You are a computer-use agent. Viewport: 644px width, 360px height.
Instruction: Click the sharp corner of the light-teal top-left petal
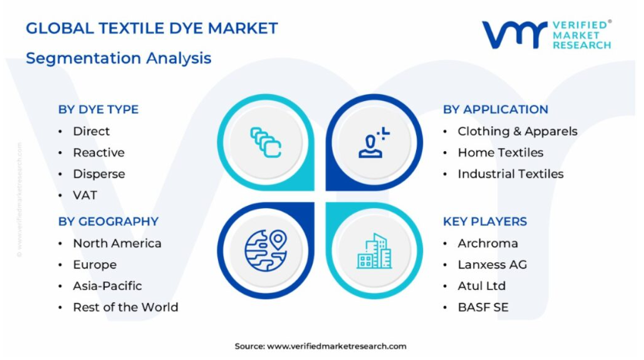[314, 190]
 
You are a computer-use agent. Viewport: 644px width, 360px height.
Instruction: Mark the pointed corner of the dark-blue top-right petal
[327, 190]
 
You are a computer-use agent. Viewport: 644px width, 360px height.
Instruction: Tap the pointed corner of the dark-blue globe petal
[314, 203]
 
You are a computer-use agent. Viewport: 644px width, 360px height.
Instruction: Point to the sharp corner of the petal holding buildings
[327, 203]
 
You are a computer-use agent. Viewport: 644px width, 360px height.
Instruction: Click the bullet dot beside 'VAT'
[60, 195]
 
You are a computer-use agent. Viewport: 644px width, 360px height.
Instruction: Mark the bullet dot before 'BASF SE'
[445, 308]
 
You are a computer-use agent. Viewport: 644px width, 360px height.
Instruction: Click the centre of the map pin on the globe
[278, 239]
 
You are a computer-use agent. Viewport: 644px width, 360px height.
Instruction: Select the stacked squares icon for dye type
[265, 142]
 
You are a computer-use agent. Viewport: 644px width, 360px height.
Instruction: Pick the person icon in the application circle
[374, 142]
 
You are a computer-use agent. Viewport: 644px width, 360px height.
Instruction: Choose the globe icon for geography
[266, 251]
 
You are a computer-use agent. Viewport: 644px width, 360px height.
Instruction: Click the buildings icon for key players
[374, 251]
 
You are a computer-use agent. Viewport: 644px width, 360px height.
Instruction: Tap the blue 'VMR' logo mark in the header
[515, 35]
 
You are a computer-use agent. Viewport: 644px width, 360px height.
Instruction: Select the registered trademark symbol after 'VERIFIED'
[609, 22]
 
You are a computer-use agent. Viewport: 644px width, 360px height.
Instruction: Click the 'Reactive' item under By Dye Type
[99, 153]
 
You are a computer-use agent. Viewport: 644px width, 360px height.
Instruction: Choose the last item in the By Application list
[511, 174]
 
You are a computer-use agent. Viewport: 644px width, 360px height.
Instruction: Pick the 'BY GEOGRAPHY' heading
[109, 221]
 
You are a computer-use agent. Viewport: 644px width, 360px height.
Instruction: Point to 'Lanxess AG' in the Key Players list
[492, 264]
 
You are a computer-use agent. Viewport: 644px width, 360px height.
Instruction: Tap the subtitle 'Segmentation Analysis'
[119, 58]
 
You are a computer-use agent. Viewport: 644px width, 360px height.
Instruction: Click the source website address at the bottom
[337, 346]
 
